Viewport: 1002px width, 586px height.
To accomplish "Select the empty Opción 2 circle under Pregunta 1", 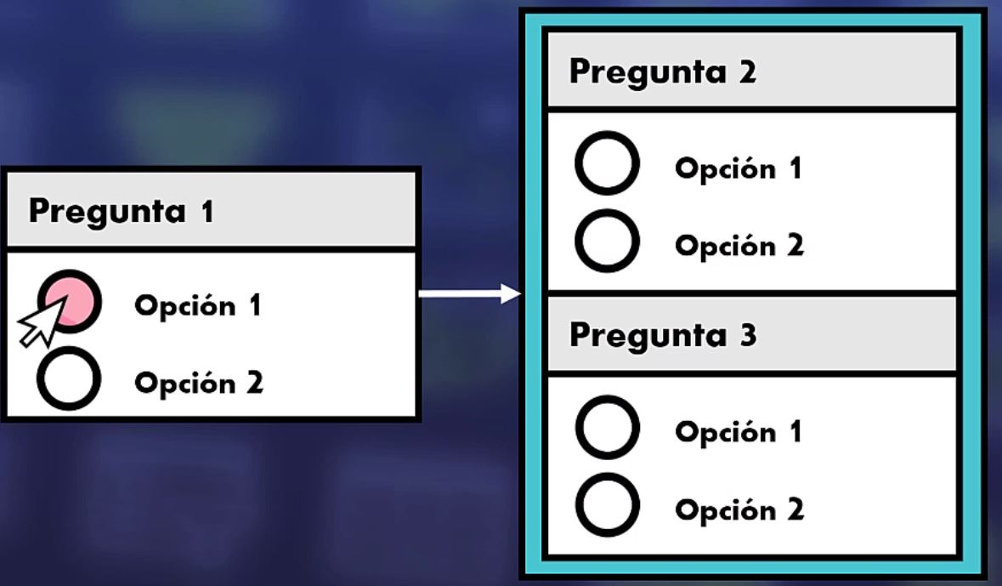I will tap(68, 379).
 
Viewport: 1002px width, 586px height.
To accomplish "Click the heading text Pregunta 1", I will tap(121, 211).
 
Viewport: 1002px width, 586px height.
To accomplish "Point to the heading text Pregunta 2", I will tap(662, 72).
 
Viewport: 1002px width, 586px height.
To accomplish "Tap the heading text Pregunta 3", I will tap(662, 335).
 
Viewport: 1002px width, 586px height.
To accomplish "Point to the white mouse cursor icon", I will tap(39, 324).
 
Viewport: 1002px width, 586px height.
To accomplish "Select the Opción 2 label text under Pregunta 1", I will tap(199, 383).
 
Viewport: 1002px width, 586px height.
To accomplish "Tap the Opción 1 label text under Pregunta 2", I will tap(738, 168).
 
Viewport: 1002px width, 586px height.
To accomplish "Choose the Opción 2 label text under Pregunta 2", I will tap(739, 246).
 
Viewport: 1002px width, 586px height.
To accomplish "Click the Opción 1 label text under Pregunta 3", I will tap(738, 432).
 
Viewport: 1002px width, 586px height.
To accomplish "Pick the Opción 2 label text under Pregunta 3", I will tap(739, 509).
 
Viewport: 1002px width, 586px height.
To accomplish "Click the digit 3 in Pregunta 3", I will tap(747, 334).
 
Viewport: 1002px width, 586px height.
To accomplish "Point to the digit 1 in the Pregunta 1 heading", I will tap(207, 211).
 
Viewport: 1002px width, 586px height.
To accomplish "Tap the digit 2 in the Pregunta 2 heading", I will tap(747, 72).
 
